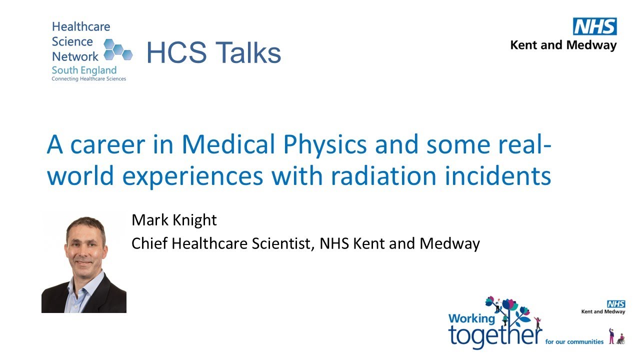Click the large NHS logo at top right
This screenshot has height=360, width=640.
(594, 26)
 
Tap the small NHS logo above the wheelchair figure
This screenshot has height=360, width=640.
(616, 304)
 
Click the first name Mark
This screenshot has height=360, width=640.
(147, 220)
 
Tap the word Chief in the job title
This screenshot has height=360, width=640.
(149, 243)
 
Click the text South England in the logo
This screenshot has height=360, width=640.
(84, 70)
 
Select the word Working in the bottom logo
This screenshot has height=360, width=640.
(471, 318)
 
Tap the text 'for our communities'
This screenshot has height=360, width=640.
(574, 342)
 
